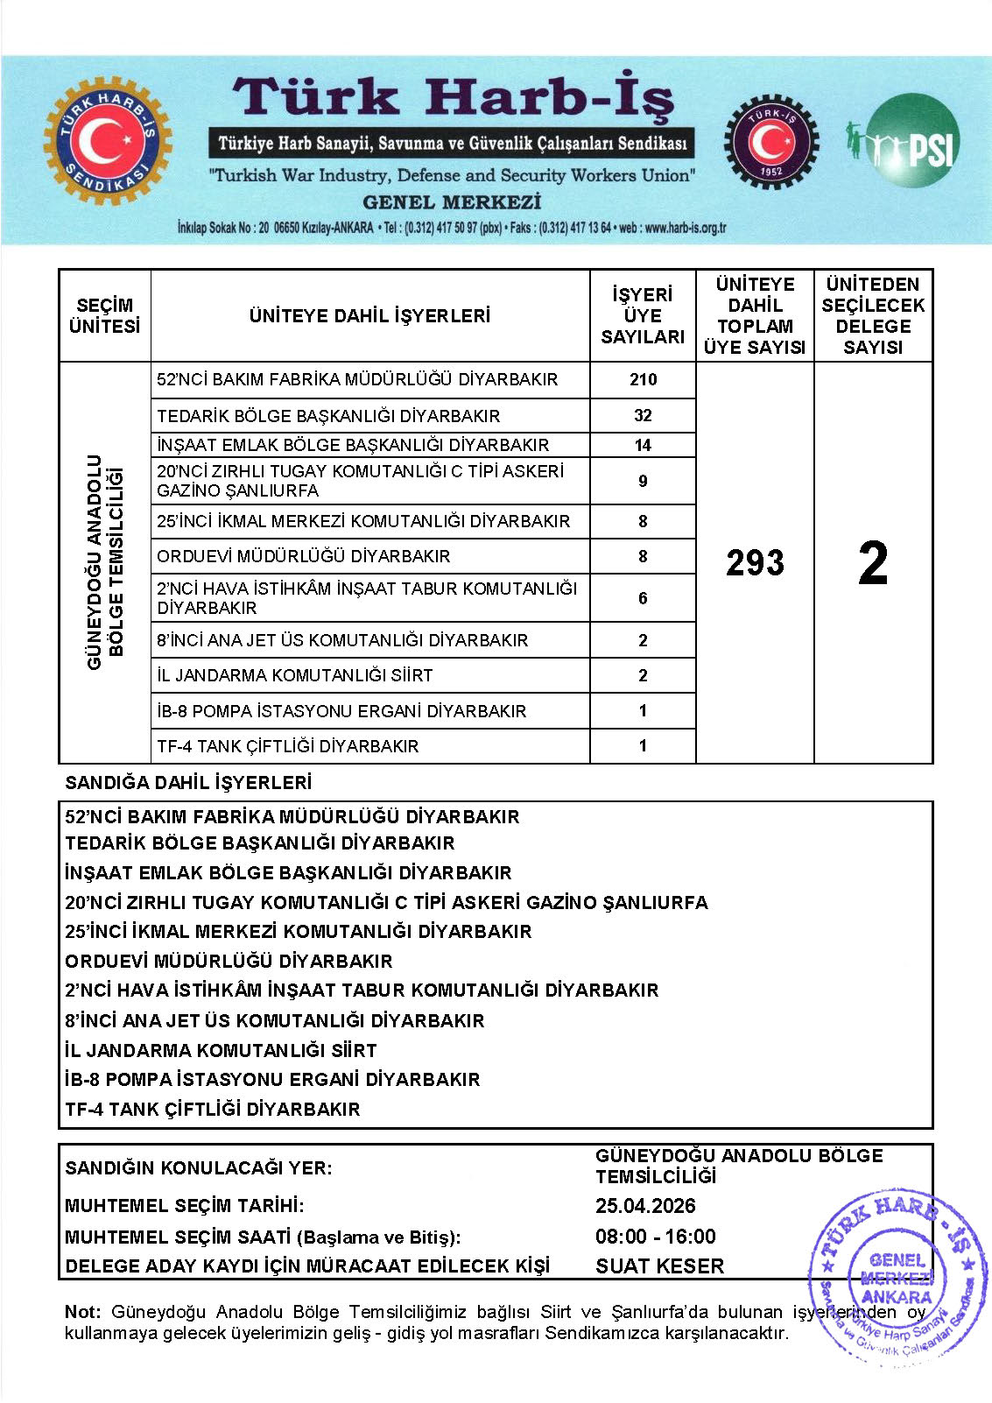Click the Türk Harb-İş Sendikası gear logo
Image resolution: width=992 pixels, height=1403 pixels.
pyautogui.click(x=108, y=141)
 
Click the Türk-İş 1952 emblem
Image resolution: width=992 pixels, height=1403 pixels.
pyautogui.click(x=770, y=141)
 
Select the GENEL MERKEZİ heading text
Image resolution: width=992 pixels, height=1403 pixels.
pyautogui.click(x=452, y=202)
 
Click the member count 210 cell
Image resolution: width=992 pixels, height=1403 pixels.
pyautogui.click(x=643, y=379)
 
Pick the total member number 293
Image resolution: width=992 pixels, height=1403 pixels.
pyautogui.click(x=755, y=562)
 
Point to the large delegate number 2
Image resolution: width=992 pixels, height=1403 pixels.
pyautogui.click(x=873, y=562)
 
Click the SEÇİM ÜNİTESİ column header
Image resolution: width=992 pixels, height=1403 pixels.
pyautogui.click(x=104, y=315)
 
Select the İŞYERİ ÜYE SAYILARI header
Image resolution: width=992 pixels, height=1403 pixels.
pyautogui.click(x=643, y=315)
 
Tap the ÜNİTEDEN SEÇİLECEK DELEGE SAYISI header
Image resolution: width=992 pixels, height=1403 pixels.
pyautogui.click(x=873, y=315)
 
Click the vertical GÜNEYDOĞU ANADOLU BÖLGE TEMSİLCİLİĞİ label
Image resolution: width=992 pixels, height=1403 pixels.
pyautogui.click(x=104, y=562)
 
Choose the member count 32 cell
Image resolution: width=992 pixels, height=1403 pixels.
pyautogui.click(x=643, y=415)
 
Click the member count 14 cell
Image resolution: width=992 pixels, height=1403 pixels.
pyautogui.click(x=643, y=445)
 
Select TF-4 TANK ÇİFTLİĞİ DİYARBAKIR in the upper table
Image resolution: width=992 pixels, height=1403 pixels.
pyautogui.click(x=288, y=746)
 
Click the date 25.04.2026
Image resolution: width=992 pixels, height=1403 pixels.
pyautogui.click(x=645, y=1206)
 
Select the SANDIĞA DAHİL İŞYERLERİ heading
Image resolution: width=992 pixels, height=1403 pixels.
pyautogui.click(x=188, y=782)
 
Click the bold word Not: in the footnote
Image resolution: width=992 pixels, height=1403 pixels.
pyautogui.click(x=82, y=1312)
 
